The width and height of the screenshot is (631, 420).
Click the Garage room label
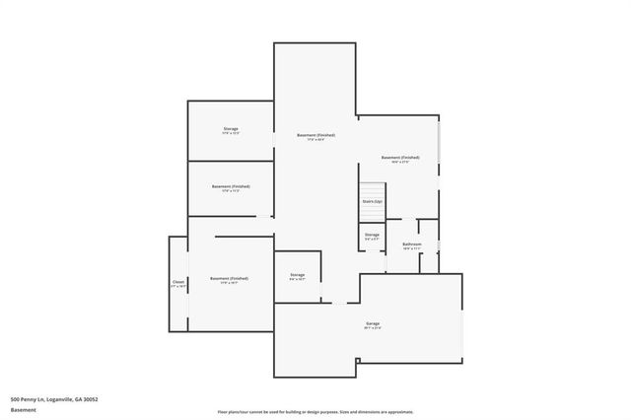click(372, 323)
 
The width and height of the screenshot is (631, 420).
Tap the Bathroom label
click(412, 245)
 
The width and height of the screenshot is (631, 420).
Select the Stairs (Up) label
click(372, 201)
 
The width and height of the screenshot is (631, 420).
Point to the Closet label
click(178, 282)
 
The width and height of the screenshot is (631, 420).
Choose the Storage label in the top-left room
click(231, 129)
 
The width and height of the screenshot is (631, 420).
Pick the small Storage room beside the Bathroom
click(372, 237)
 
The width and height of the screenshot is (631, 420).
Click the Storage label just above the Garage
click(297, 275)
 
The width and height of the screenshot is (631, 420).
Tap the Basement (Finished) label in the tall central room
click(316, 135)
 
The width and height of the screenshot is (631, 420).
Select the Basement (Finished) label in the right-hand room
click(400, 158)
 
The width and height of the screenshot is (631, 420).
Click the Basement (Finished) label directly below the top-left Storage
click(231, 186)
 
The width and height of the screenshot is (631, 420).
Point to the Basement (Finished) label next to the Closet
click(229, 278)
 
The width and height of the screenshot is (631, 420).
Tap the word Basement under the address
click(22, 409)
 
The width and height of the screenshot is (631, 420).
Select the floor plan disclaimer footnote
click(315, 412)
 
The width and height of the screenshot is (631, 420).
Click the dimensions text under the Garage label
click(372, 328)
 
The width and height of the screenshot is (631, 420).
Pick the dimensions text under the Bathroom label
click(412, 249)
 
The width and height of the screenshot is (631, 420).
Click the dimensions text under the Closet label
click(178, 286)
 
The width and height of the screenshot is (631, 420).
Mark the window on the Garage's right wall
click(462, 325)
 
